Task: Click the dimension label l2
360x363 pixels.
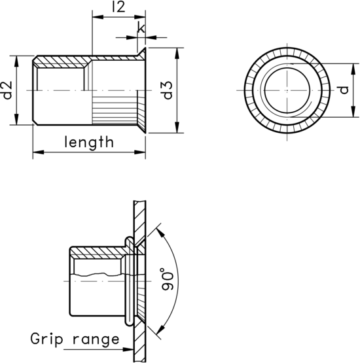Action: click(118, 8)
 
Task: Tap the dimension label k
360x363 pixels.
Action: click(141, 27)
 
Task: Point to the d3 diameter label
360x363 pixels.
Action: click(168, 90)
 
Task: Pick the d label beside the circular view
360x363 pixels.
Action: click(344, 90)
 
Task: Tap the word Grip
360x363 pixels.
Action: click(49, 339)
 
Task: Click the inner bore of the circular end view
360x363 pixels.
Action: click(285, 90)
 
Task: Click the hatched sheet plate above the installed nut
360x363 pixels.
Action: click(139, 216)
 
